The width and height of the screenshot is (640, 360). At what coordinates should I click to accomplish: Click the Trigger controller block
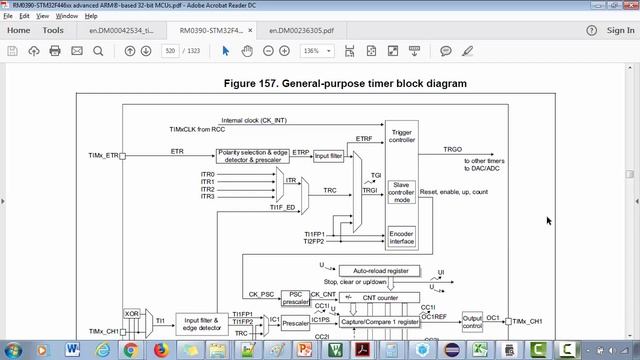coord(402,137)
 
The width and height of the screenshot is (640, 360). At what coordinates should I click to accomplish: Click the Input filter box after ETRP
coord(328,156)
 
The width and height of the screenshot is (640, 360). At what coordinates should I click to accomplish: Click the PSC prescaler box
coord(294,297)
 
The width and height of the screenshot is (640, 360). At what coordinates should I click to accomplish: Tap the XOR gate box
coord(131,314)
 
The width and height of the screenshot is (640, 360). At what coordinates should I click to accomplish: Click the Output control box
coord(472,321)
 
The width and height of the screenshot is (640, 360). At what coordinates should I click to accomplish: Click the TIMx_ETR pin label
coord(103,156)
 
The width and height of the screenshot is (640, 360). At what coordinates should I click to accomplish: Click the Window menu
coord(66,16)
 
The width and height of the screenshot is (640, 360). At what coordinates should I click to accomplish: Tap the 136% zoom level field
coord(312,51)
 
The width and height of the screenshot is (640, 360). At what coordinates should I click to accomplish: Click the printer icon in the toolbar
coord(55,51)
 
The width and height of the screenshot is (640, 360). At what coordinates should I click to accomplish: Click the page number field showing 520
coord(170,51)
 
